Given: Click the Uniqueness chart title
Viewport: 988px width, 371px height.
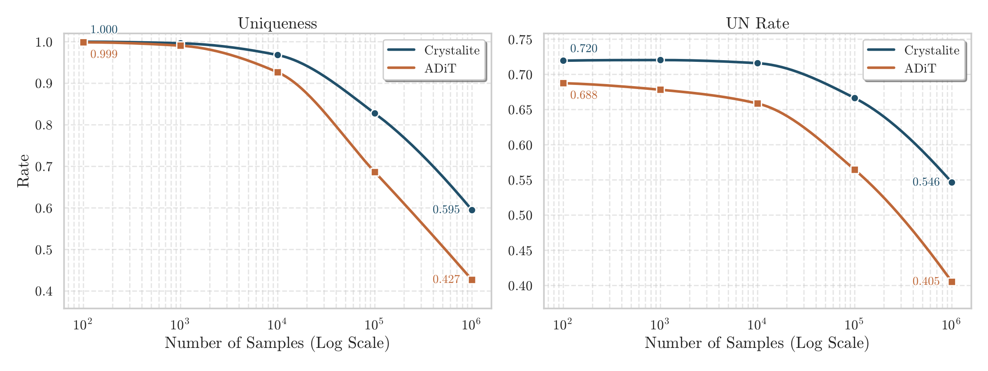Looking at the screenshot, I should coord(277,23).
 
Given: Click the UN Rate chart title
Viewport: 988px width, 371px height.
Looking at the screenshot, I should coord(757,23).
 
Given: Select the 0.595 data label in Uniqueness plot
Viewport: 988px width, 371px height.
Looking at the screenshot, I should coord(446,210).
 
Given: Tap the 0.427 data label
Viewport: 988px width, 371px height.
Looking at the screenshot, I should coord(446,279).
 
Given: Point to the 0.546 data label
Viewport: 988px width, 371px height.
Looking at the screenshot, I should coord(926,182).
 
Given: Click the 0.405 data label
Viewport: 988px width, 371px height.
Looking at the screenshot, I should coord(926,282).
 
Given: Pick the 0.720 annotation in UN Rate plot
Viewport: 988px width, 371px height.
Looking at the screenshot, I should coord(583,49).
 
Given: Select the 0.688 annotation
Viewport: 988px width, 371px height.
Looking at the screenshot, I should coord(583,95).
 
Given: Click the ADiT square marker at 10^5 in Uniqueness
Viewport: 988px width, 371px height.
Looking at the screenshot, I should coord(375,172).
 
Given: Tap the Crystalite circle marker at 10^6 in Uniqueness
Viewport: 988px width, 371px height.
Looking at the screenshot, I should coord(472,210).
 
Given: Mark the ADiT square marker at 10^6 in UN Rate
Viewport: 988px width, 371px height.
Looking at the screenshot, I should coord(952,282).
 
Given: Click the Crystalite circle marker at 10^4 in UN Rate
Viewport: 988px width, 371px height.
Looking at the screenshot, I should coord(757,63).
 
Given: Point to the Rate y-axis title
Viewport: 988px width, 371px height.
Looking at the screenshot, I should coord(23,171).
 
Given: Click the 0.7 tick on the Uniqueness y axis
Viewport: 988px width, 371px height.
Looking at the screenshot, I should coord(44,167).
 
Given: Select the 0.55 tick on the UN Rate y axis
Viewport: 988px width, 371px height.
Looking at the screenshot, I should coord(520,181).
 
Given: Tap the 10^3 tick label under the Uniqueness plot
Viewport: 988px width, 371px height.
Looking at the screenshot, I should coord(180,325).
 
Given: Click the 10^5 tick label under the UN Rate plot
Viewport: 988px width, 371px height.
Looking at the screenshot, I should coord(854,325).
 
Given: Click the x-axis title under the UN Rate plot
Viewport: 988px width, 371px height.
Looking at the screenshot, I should coord(757,343).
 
